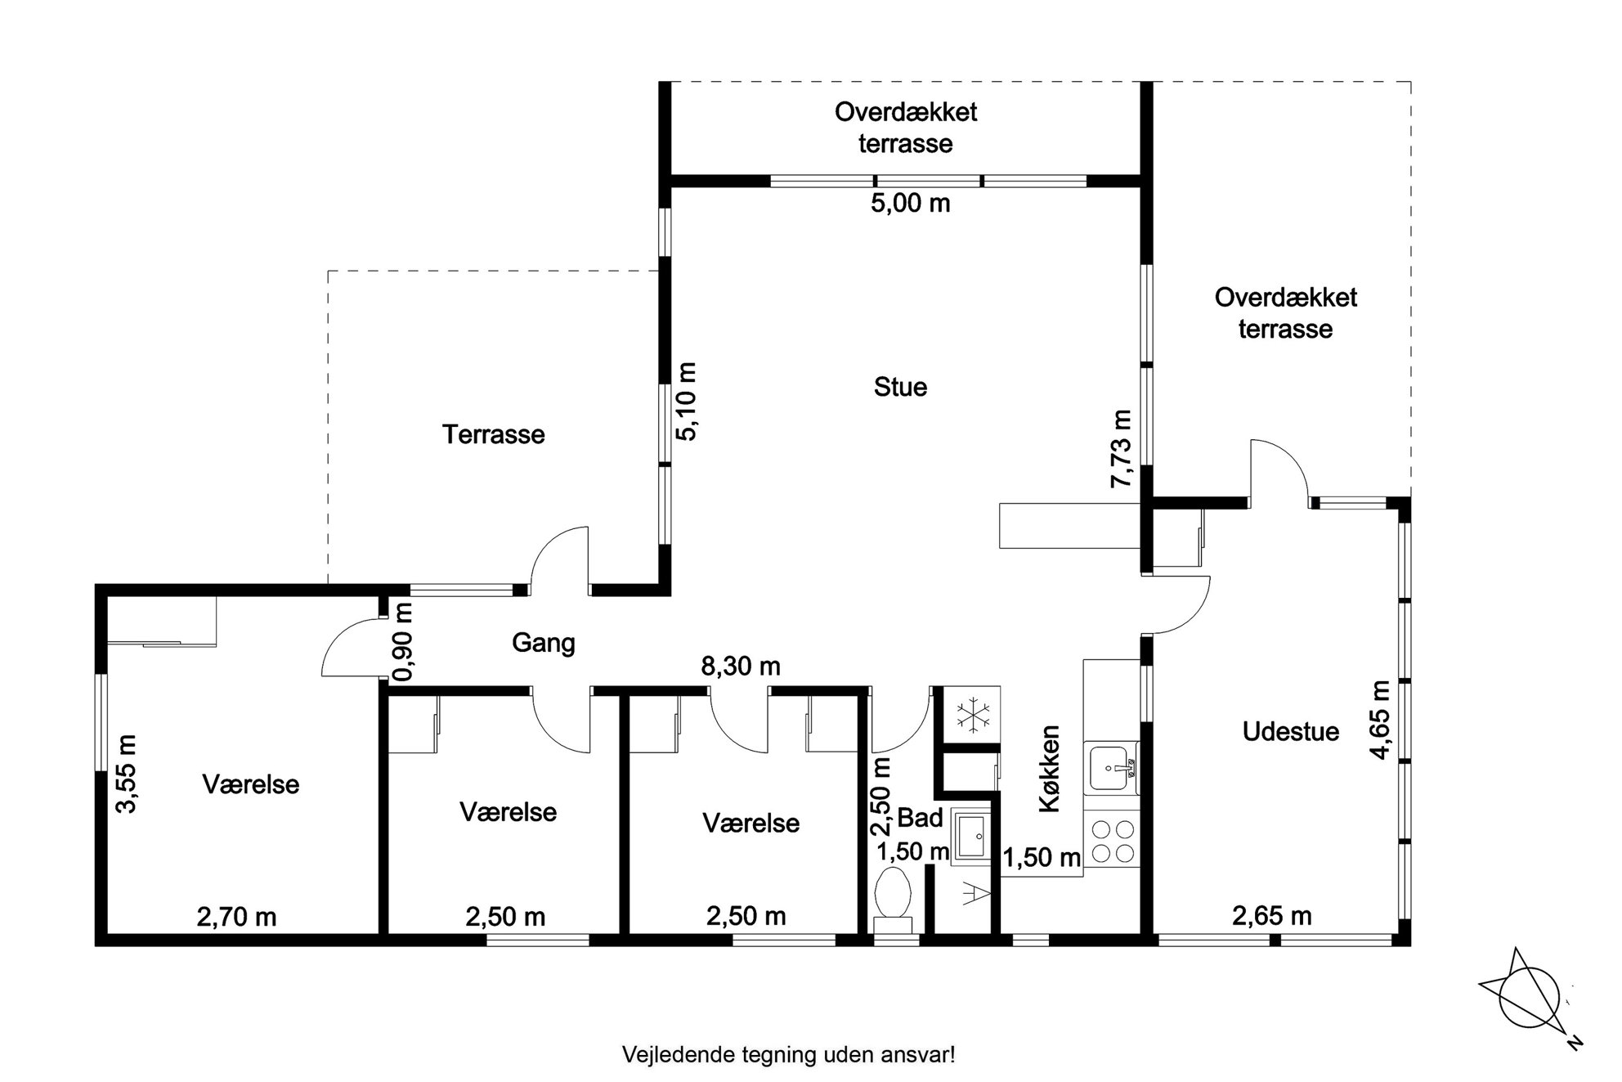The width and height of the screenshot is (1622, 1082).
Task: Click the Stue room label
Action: [x=900, y=387]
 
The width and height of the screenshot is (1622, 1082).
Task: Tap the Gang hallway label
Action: [x=544, y=643]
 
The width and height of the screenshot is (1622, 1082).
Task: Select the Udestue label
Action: [x=1291, y=731]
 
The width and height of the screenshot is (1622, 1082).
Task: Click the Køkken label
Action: [x=1050, y=769]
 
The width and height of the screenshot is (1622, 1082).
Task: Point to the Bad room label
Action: [x=921, y=818]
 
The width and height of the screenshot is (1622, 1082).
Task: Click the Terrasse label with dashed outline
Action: [x=494, y=434]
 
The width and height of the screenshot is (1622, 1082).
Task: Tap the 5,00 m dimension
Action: [x=911, y=203]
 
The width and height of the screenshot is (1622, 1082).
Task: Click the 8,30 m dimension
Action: [x=741, y=667]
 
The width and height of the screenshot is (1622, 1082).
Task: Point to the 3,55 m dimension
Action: [x=126, y=774]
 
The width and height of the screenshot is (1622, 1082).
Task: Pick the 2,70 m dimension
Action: [x=237, y=917]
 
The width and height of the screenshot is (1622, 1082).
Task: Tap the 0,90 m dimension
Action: [x=403, y=642]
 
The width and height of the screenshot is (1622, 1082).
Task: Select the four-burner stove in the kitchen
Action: [x=1112, y=842]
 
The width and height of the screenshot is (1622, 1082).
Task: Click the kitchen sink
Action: [x=1111, y=767]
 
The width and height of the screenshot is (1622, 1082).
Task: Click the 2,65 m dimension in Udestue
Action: [x=1272, y=916]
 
